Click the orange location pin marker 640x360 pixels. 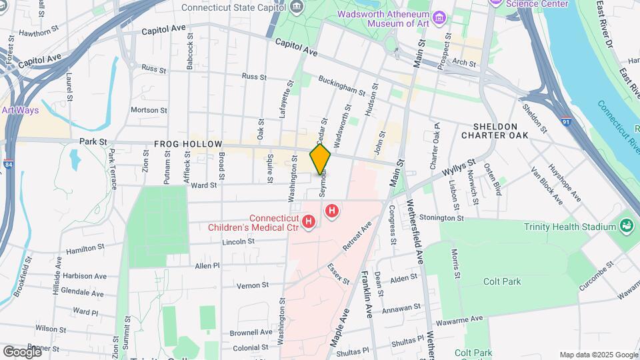320,159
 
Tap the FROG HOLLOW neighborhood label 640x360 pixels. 179,143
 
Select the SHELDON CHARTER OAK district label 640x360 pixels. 495,131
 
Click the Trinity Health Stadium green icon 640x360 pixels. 627,226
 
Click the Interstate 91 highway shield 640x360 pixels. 565,122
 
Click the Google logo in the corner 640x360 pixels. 22,351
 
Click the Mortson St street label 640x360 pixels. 147,110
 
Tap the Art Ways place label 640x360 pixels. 20,111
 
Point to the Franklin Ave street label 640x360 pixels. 367,293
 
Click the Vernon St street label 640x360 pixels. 253,285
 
